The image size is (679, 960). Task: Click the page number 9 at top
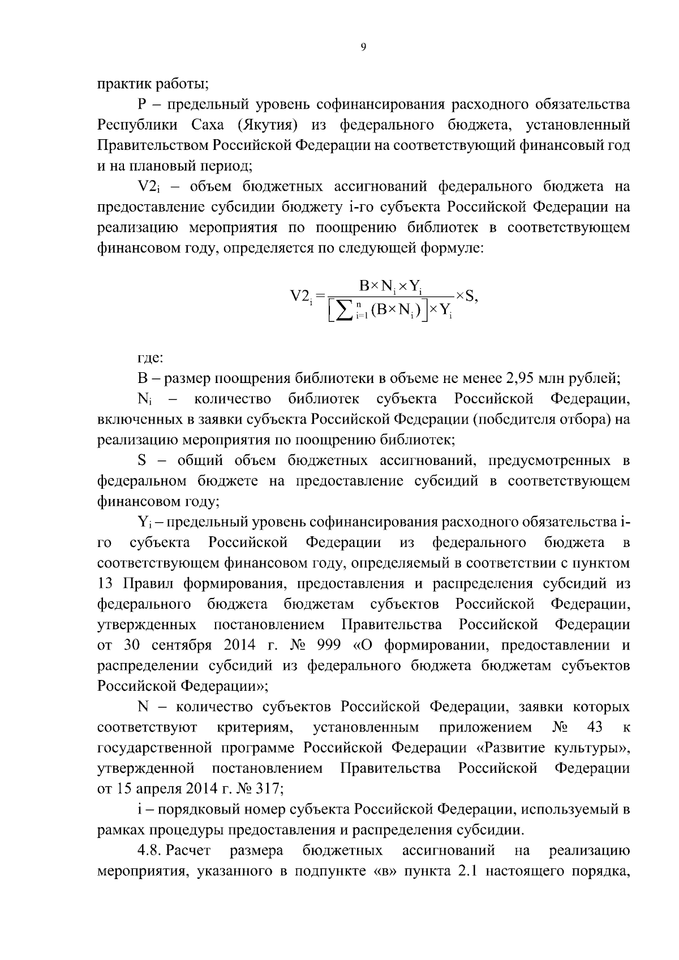pyautogui.click(x=363, y=48)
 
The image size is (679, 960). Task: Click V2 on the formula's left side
pyautogui.click(x=300, y=296)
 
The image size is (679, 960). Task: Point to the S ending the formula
pyautogui.click(x=472, y=295)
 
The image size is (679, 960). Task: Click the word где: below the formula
pyautogui.click(x=151, y=358)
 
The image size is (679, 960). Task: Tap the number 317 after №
pyautogui.click(x=258, y=789)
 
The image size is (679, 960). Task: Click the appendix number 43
pyautogui.click(x=595, y=727)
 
